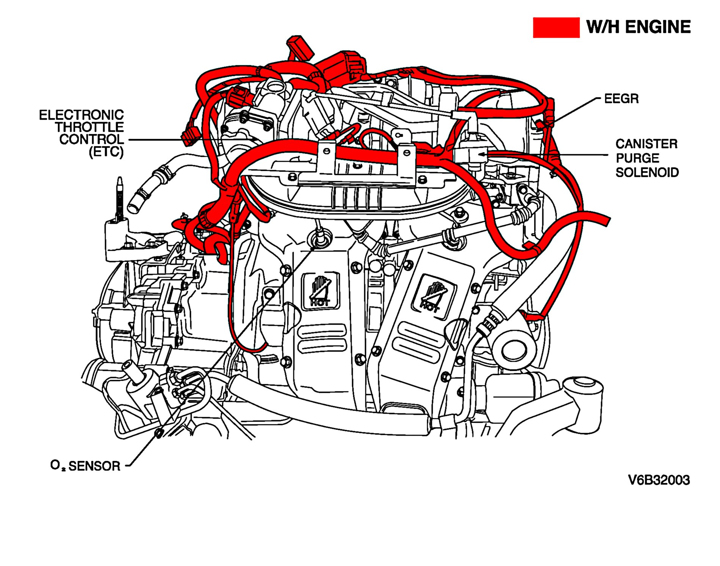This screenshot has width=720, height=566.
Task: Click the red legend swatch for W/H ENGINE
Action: point(556,28)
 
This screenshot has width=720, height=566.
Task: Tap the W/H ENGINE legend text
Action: point(639,27)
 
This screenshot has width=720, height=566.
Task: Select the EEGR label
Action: point(621,99)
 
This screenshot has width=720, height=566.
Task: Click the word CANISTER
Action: point(646,144)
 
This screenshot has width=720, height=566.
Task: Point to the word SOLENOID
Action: point(647,172)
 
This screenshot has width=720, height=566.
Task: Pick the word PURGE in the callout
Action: point(637,158)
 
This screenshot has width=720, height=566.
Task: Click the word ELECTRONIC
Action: point(81,115)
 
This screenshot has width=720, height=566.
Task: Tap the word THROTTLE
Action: point(90,127)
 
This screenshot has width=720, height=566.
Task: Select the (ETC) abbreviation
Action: point(106,152)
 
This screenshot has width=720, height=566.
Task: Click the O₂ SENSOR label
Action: point(85,466)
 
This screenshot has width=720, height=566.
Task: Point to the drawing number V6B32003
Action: point(659,480)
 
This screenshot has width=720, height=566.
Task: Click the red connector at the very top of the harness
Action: point(301,48)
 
